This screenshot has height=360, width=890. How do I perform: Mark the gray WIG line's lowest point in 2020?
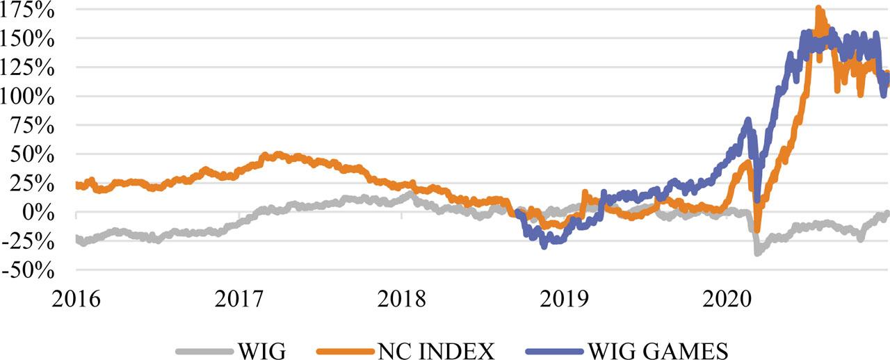(x=756, y=253)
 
